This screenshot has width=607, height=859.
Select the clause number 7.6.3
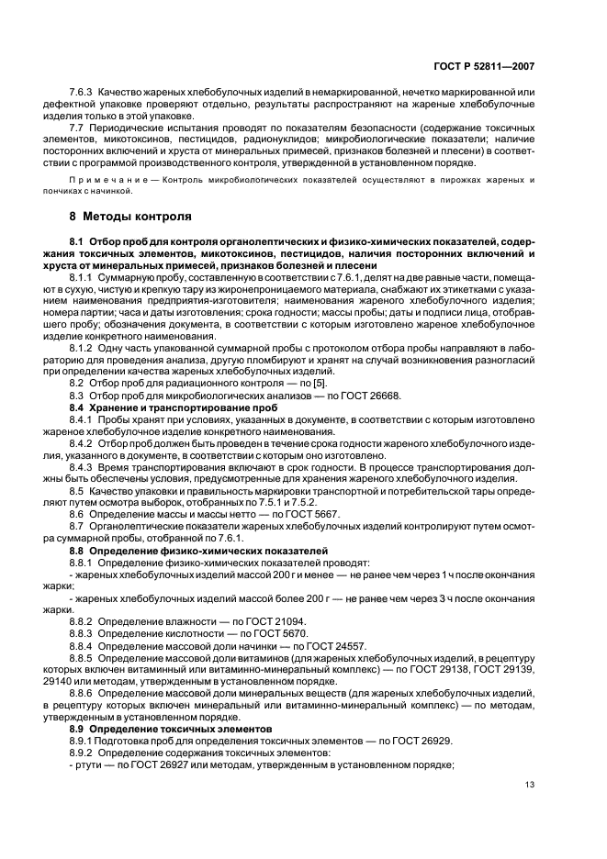[x=84, y=92]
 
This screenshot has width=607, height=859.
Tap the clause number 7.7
[x=77, y=128]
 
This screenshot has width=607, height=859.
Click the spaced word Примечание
[x=112, y=180]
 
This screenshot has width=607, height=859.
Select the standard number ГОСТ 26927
[x=158, y=764]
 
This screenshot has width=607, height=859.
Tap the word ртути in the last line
[x=90, y=764]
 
